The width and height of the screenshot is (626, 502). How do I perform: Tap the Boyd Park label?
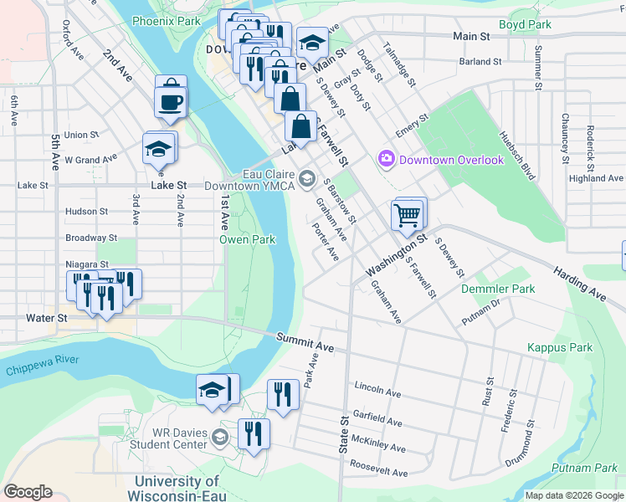pyautogui.click(x=525, y=24)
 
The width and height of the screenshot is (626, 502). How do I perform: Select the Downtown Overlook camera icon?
pyautogui.click(x=386, y=158)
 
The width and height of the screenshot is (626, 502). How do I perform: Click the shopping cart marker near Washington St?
pyautogui.click(x=408, y=214)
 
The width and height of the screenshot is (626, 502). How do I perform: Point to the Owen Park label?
pyautogui.click(x=248, y=239)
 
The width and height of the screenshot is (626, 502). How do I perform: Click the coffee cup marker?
pyautogui.click(x=168, y=102)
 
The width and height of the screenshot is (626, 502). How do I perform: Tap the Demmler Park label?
pyautogui.click(x=498, y=289)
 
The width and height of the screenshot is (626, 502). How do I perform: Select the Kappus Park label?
pyautogui.click(x=560, y=347)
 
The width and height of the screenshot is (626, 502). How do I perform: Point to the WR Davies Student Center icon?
pyautogui.click(x=219, y=437)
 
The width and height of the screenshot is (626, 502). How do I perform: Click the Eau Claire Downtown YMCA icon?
pyautogui.click(x=307, y=177)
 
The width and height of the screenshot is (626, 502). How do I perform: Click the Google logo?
pyautogui.click(x=28, y=491)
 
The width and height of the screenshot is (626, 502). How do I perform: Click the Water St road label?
pyautogui.click(x=40, y=318)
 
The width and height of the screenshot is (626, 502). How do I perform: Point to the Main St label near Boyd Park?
pyautogui.click(x=471, y=37)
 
